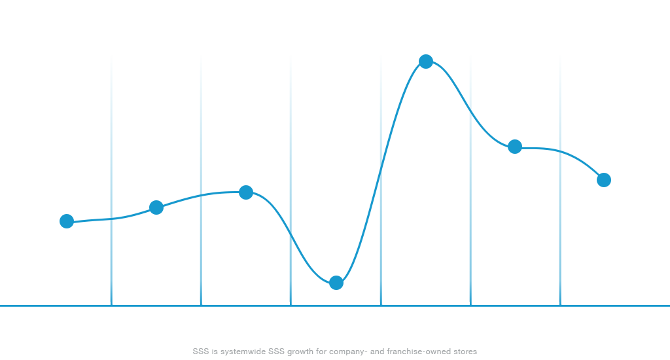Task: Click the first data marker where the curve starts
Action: (67, 221)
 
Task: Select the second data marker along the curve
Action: (156, 207)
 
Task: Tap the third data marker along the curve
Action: (246, 192)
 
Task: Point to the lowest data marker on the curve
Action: (336, 283)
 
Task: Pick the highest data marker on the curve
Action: (426, 62)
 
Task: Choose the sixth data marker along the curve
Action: (515, 147)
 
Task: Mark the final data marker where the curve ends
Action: (604, 180)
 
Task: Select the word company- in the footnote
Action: (349, 352)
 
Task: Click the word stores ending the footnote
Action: (465, 352)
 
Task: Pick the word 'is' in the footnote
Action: (214, 352)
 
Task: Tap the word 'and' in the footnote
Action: (377, 352)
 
